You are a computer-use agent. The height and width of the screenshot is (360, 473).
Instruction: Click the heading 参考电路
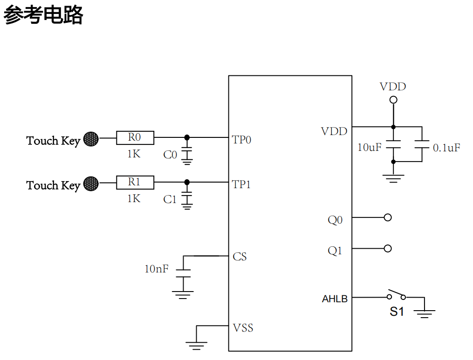43,15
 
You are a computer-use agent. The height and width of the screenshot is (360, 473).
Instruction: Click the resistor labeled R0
135,137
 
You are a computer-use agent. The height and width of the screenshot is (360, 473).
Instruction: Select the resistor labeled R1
135,182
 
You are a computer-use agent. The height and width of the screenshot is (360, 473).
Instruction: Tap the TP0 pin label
241,140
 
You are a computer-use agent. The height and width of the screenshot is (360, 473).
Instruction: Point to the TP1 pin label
241,184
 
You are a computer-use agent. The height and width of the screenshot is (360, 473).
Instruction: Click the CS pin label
240,257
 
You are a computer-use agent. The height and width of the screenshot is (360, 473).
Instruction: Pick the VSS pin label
243,328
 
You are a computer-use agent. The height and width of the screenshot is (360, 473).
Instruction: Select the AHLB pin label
335,299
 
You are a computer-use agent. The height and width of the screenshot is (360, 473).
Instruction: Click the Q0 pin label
335,220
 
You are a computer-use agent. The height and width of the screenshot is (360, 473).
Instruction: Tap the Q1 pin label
335,251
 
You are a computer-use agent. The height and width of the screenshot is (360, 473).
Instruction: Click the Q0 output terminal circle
387,217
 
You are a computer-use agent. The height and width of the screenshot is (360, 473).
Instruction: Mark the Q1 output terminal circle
387,248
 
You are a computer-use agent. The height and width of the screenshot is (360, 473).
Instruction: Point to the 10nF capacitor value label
156,269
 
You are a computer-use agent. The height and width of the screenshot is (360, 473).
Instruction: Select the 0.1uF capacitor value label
446,148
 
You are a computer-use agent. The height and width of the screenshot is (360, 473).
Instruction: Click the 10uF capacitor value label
369,148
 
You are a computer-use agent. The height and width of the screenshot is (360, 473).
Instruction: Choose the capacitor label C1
170,199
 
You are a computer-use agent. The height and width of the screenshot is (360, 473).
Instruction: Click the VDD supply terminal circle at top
393,100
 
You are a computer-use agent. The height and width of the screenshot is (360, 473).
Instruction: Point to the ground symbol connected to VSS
196,345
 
